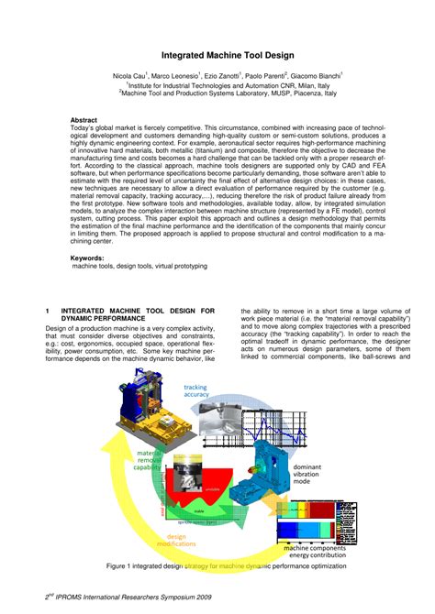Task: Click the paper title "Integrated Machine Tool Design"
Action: pos(218,55)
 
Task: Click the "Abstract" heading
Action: pos(84,120)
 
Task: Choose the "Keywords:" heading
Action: pos(87,258)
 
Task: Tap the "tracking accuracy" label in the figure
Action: pos(195,391)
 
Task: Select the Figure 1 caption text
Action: pos(226,565)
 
